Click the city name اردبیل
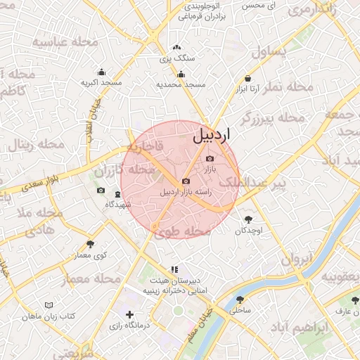click(216, 135)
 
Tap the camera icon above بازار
click(210, 159)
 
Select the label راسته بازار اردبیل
click(186, 191)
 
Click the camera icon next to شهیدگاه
click(101, 191)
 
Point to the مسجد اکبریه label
click(101, 82)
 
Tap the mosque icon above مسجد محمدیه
click(181, 75)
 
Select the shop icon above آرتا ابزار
click(247, 79)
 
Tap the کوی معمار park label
click(91, 255)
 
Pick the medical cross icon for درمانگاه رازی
click(129, 315)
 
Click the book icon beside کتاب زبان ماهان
click(49, 305)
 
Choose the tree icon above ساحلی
click(240, 300)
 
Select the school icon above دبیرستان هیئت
click(174, 269)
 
